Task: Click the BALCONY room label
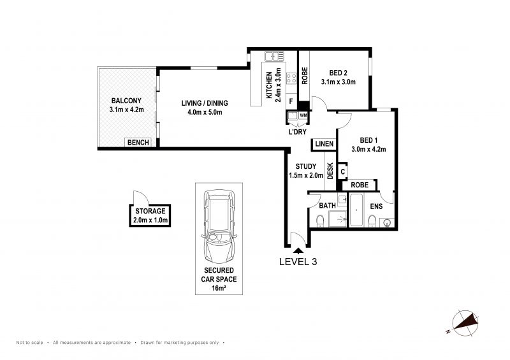(x=126, y=101)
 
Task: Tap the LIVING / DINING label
(x=205, y=103)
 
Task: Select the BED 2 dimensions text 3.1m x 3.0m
(x=339, y=82)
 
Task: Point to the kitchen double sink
(x=274, y=56)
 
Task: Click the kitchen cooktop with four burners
(x=291, y=78)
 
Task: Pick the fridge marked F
(x=291, y=101)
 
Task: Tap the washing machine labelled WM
(x=303, y=115)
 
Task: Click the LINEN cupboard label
(x=324, y=144)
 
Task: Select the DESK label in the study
(x=330, y=171)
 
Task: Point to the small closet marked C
(x=342, y=171)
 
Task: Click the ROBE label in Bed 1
(x=360, y=185)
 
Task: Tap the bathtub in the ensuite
(x=356, y=210)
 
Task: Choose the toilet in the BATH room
(x=321, y=221)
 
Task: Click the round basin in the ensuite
(x=387, y=222)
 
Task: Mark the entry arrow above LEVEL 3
(x=298, y=251)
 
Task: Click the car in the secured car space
(x=219, y=227)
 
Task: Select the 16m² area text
(x=219, y=288)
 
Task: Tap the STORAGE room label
(x=150, y=211)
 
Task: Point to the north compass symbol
(x=465, y=322)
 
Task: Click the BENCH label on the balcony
(x=138, y=143)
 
